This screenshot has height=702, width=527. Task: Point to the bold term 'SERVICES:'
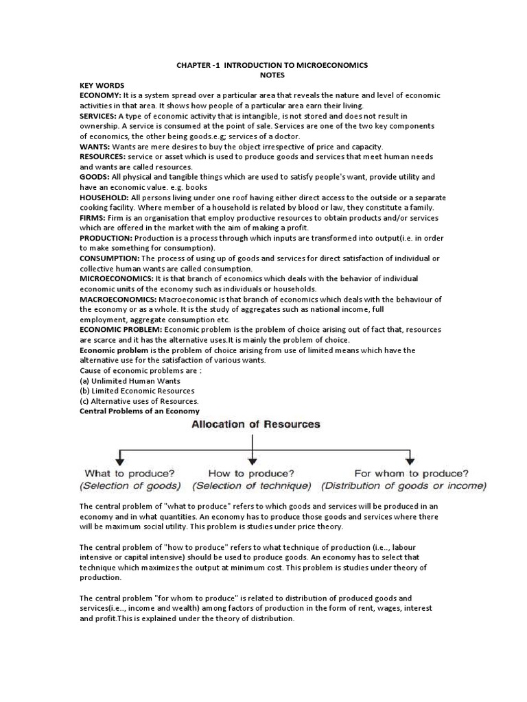tap(101, 116)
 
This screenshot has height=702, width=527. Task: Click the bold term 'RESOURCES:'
tap(104, 157)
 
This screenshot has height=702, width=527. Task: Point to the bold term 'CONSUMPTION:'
tap(110, 258)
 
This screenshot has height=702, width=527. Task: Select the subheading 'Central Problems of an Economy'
tap(139, 411)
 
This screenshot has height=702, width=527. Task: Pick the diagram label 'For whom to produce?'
tap(411, 474)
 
